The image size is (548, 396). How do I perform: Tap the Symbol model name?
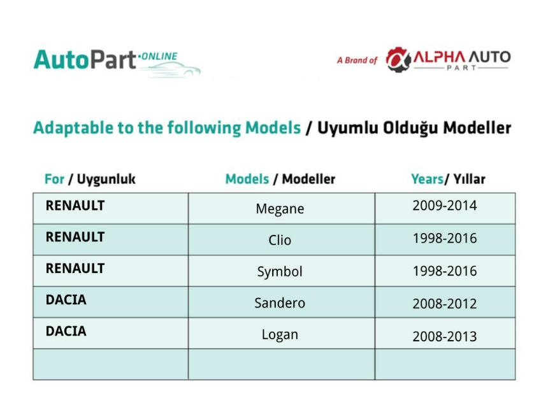[280, 272]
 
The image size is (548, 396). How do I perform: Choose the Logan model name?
[280, 334]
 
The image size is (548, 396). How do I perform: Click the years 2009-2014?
[445, 206]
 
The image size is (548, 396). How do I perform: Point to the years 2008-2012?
[445, 304]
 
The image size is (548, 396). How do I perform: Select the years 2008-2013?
[445, 337]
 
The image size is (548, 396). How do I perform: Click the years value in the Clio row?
[445, 238]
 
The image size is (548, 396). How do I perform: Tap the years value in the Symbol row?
[445, 271]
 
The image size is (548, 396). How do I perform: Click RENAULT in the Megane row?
[75, 206]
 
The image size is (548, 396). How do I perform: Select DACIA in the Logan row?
[66, 331]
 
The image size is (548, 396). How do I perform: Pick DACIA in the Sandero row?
[66, 300]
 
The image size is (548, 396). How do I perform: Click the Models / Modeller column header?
[280, 179]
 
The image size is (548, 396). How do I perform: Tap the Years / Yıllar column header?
[448, 179]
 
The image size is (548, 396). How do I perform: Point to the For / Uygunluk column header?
[90, 180]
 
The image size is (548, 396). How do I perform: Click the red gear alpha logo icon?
[398, 60]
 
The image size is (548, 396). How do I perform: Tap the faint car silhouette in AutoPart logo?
[171, 69]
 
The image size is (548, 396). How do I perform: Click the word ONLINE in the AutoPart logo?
[159, 57]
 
